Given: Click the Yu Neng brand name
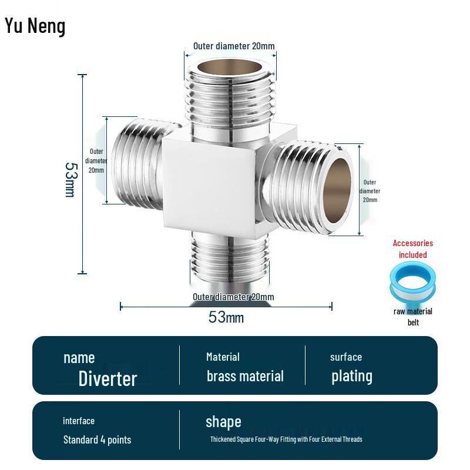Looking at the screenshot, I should pyautogui.click(x=35, y=26).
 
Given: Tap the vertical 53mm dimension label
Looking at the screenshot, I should pyautogui.click(x=70, y=180).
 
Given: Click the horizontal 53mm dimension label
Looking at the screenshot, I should pyautogui.click(x=226, y=317).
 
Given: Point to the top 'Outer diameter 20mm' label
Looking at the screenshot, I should pyautogui.click(x=234, y=46).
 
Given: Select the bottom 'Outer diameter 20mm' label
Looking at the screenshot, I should pyautogui.click(x=233, y=297).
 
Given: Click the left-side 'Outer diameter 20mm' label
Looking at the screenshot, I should pyautogui.click(x=96, y=160).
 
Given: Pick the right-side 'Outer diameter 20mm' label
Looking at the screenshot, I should pyautogui.click(x=370, y=191).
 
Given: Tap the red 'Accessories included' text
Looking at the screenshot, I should pyautogui.click(x=413, y=249).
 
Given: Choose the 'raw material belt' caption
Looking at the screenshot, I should pyautogui.click(x=413, y=317).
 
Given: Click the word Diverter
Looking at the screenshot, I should pyautogui.click(x=108, y=378).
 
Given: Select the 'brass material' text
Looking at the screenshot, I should pyautogui.click(x=245, y=376).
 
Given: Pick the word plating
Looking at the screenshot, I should pyautogui.click(x=351, y=376).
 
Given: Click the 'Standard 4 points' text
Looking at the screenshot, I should pyautogui.click(x=97, y=439).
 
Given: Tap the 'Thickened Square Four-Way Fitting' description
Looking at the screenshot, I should pyautogui.click(x=286, y=439).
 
